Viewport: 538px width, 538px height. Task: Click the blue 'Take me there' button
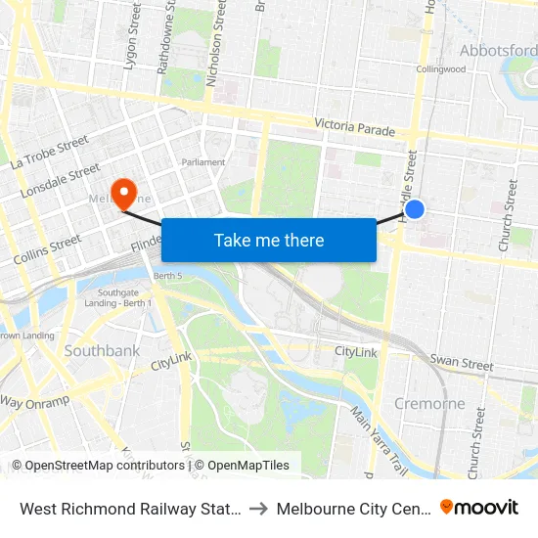(269, 240)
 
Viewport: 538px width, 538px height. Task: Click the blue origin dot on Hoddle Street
(415, 208)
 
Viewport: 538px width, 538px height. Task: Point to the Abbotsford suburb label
(498, 51)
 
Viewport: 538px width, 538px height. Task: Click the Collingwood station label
(440, 69)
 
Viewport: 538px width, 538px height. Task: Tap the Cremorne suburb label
(429, 403)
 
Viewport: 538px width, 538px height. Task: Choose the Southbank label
(102, 350)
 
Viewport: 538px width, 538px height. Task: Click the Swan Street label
(463, 363)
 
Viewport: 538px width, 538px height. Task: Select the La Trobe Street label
(50, 153)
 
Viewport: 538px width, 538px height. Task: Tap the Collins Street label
(48, 250)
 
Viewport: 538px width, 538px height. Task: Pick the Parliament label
(203, 162)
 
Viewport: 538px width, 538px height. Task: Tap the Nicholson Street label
(216, 39)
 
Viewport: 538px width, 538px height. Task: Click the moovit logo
(479, 507)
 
